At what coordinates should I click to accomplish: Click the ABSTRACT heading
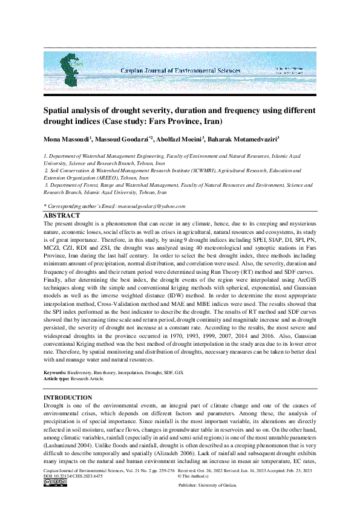(62, 215)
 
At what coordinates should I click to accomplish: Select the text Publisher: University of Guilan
(207, 485)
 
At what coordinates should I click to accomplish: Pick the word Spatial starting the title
(57, 110)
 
